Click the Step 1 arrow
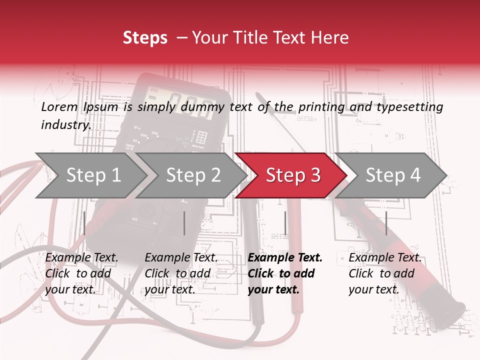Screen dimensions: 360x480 (92, 175)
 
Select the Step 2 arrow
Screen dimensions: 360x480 (192, 175)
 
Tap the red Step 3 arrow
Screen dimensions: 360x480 (292, 175)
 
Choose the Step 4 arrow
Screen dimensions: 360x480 (392, 175)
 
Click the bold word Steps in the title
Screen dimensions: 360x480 (145, 38)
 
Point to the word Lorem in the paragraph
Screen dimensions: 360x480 (59, 107)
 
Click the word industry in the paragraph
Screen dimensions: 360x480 (65, 125)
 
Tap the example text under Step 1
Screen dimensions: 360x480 (82, 273)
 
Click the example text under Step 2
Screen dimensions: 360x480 (181, 273)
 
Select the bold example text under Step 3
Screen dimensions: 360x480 (285, 273)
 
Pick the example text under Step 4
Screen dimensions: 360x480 (385, 273)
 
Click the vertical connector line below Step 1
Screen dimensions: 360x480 (84, 223)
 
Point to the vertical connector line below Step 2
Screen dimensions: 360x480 (184, 223)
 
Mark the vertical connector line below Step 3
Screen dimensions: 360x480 (285, 223)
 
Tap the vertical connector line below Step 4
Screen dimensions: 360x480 (386, 223)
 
